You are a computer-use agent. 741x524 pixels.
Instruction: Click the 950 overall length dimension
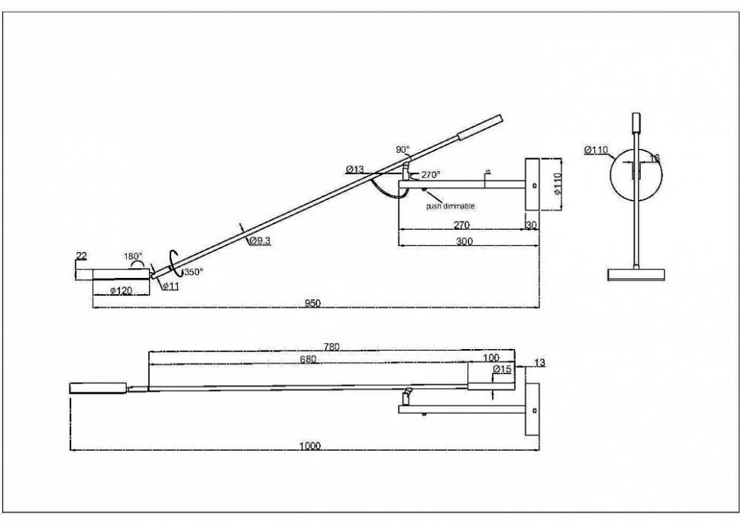313,303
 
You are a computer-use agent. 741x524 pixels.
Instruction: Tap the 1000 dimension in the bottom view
310,446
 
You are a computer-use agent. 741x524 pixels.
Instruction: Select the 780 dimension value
331,347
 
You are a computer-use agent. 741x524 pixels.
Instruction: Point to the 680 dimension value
309,358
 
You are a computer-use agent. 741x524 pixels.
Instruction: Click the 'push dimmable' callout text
451,206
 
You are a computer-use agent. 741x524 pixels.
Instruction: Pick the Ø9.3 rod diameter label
260,241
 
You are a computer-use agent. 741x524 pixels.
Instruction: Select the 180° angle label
134,256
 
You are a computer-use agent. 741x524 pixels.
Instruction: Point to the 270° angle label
431,175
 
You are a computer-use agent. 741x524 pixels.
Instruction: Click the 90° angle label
403,150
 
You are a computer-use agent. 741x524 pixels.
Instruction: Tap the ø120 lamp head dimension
123,290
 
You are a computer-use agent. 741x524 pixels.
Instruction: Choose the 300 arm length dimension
464,241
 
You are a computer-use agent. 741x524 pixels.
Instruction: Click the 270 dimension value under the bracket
461,225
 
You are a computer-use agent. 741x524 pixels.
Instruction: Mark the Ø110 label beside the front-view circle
596,150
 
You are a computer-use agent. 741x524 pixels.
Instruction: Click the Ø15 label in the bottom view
502,370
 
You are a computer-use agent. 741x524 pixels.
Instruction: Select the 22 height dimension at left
82,256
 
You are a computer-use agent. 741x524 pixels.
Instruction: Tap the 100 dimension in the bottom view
491,357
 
